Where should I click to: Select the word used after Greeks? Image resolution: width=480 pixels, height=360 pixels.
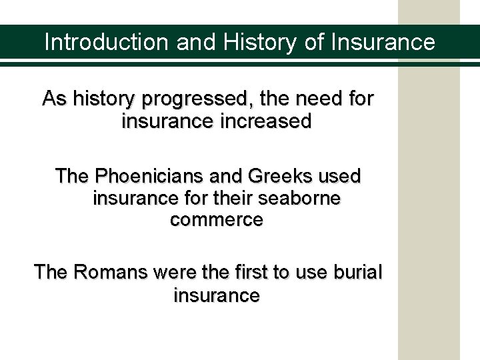pyautogui.click(x=341, y=177)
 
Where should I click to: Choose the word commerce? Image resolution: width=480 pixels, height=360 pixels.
pyautogui.click(x=217, y=221)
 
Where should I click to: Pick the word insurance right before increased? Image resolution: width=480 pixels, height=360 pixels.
pyautogui.click(x=163, y=123)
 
